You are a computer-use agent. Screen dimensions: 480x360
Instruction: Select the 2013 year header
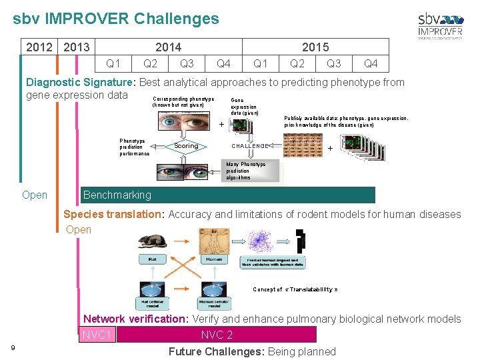tap(77, 47)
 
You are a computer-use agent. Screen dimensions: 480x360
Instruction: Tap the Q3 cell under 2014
tap(187, 63)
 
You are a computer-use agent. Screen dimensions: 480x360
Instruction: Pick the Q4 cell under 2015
tap(371, 63)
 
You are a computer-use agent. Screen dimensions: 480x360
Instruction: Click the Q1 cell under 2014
tap(114, 63)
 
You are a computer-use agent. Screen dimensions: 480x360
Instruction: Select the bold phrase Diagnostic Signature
tap(80, 83)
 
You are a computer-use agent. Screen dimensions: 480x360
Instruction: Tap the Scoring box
tap(186, 146)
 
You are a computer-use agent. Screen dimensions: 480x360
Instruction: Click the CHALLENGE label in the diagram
tap(250, 146)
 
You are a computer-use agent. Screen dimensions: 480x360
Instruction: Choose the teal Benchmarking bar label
tap(117, 195)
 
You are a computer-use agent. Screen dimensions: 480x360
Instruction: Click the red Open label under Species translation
tap(79, 229)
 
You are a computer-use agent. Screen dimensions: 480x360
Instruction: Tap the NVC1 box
tap(97, 335)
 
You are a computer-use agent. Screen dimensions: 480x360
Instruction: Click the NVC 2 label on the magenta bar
tap(217, 335)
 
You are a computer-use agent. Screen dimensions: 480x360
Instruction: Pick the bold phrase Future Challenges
tap(216, 351)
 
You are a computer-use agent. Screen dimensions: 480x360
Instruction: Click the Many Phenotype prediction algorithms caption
tap(246, 171)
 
